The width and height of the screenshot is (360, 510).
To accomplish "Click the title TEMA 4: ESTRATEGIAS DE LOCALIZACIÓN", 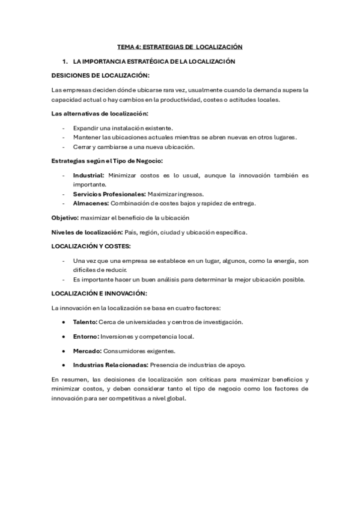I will tap(180, 46).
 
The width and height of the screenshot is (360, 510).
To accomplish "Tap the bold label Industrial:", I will tap(89, 175).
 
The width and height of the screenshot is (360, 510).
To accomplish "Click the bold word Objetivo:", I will tap(65, 217).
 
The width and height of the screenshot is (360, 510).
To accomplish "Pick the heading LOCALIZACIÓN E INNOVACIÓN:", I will tap(99, 293).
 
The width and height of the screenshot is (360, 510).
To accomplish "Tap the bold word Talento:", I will tap(85, 322).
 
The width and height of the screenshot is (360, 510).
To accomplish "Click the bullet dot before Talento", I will tap(64, 322).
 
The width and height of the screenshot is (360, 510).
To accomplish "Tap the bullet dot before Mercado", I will tap(64, 351).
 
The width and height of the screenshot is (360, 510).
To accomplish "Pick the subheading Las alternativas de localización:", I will tap(100, 114).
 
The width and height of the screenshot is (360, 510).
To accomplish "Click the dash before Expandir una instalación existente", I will tap(64, 128).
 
